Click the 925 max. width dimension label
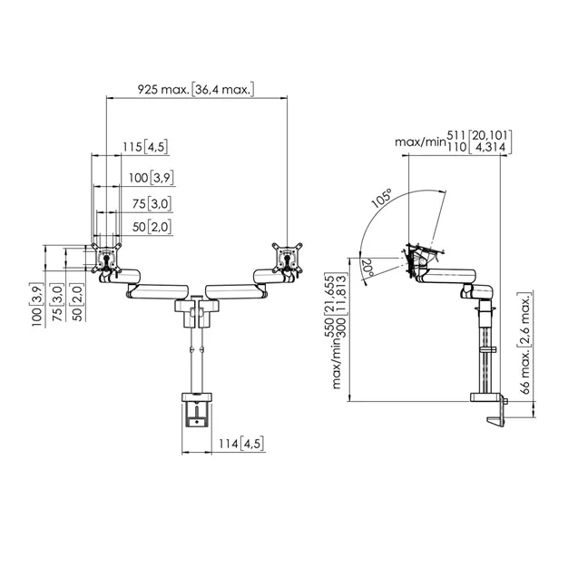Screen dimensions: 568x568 (196, 89)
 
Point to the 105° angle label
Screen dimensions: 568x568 (382, 198)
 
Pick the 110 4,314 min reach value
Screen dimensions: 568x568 (478, 147)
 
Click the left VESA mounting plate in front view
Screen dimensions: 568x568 (106, 258)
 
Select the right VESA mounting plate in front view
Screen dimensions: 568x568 (288, 258)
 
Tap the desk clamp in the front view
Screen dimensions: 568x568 (197, 410)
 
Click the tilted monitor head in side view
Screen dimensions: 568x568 (420, 259)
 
